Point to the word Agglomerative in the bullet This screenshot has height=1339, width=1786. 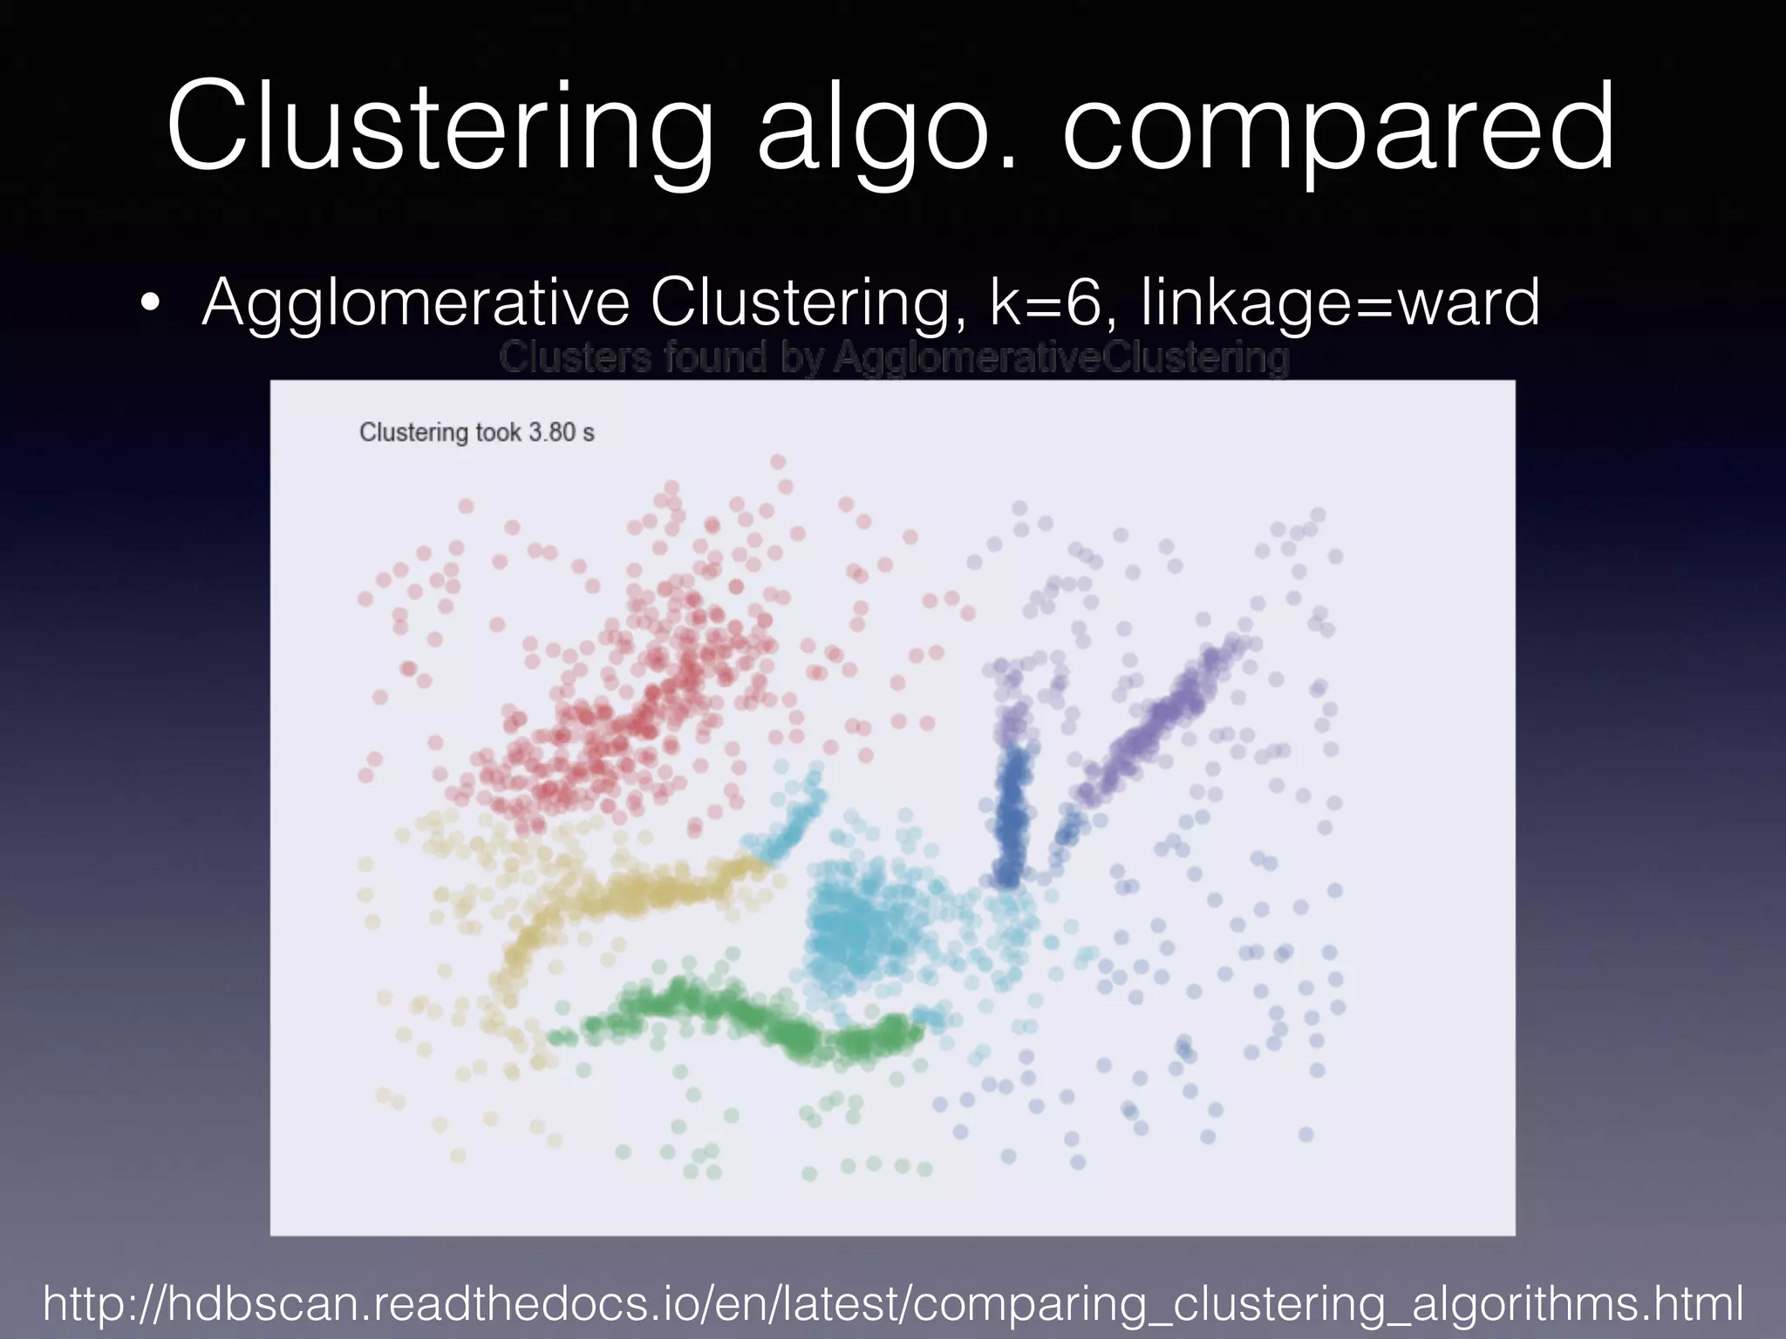415,303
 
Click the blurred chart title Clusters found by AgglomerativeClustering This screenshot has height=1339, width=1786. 894,358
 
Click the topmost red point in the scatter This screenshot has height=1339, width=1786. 778,461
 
